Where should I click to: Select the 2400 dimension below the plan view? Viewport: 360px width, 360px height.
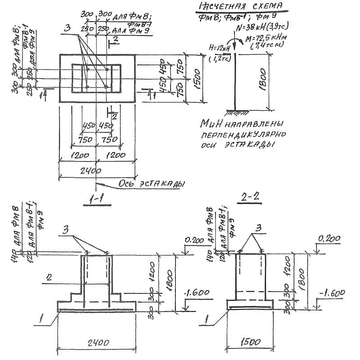click(x=90, y=171)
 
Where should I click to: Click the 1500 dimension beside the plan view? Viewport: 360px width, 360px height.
click(x=197, y=79)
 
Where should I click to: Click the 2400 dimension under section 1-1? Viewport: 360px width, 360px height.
click(x=98, y=343)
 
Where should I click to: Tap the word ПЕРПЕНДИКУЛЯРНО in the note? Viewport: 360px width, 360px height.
click(x=243, y=135)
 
